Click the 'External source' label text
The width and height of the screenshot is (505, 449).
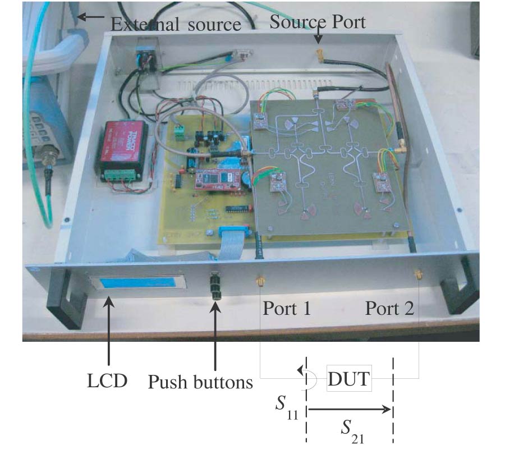[176, 24]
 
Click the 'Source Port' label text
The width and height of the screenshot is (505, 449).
[318, 22]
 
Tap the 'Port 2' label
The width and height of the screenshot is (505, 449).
[389, 309]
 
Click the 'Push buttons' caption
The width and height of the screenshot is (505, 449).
[200, 382]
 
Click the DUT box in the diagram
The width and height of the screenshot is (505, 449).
[350, 379]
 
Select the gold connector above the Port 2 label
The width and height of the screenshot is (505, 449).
[418, 276]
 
